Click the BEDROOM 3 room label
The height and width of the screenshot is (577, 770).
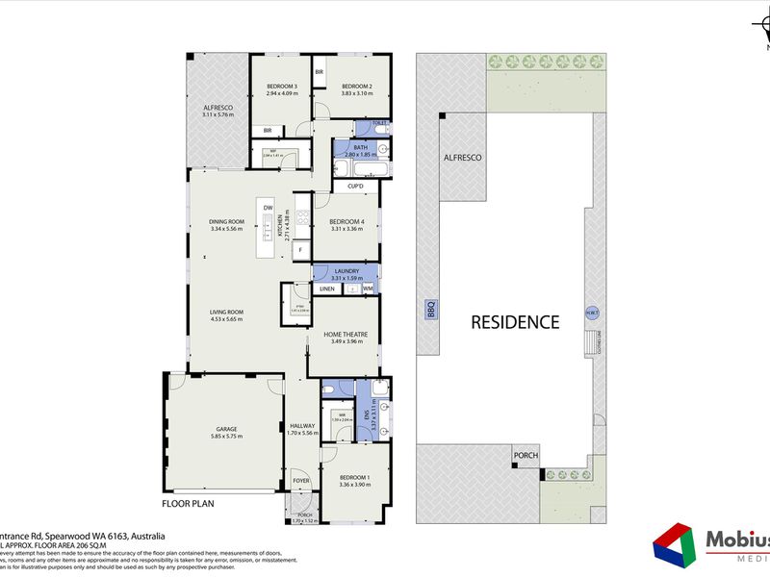tap(282, 87)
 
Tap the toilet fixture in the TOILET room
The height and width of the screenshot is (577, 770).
tap(379, 125)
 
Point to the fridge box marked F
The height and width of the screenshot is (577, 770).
tap(300, 249)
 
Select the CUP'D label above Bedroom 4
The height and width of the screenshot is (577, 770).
tap(354, 186)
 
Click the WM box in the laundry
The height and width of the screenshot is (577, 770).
tap(368, 288)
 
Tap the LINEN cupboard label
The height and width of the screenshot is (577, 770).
tap(327, 288)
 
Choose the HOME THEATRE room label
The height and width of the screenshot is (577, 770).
tap(346, 334)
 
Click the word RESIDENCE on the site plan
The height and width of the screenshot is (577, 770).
tap(514, 322)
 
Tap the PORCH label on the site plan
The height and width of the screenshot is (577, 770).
tap(526, 456)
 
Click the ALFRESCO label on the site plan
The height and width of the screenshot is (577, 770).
tap(461, 157)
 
